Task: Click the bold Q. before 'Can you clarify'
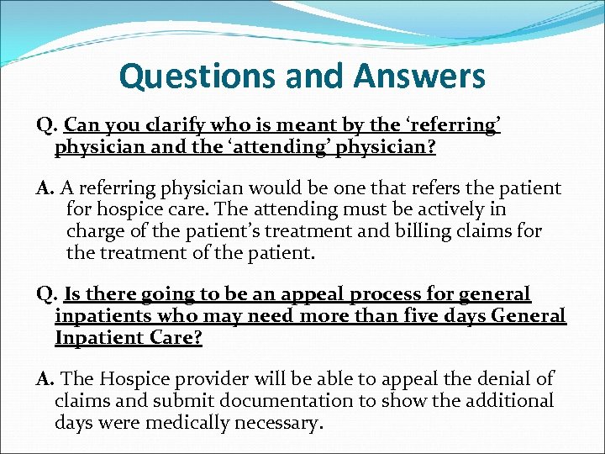(x=46, y=126)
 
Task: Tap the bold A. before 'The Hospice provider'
(x=45, y=380)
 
